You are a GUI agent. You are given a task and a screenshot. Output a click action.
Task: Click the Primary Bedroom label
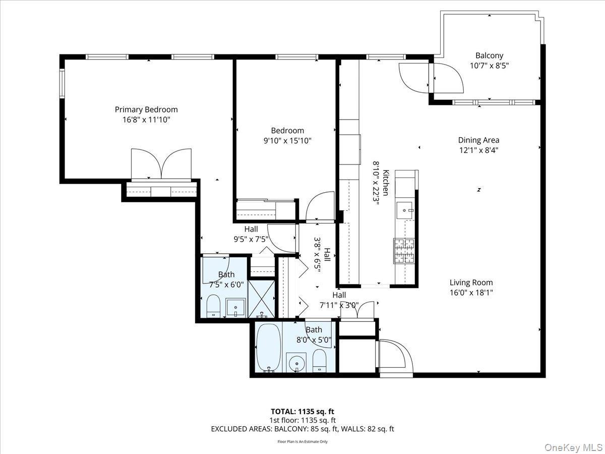[146, 109]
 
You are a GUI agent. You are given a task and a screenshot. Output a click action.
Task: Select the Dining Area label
[478, 140]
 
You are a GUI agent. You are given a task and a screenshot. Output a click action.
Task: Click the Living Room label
[471, 283]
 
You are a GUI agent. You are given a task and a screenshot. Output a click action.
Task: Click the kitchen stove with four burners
[403, 250]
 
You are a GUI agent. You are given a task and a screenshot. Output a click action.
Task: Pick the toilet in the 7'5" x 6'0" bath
[214, 305]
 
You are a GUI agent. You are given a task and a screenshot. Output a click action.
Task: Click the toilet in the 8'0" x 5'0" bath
[320, 360]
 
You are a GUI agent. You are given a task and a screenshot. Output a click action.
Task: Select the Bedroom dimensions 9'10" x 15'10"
[287, 141]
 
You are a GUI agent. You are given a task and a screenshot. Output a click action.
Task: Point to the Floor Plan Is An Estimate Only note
[302, 441]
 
